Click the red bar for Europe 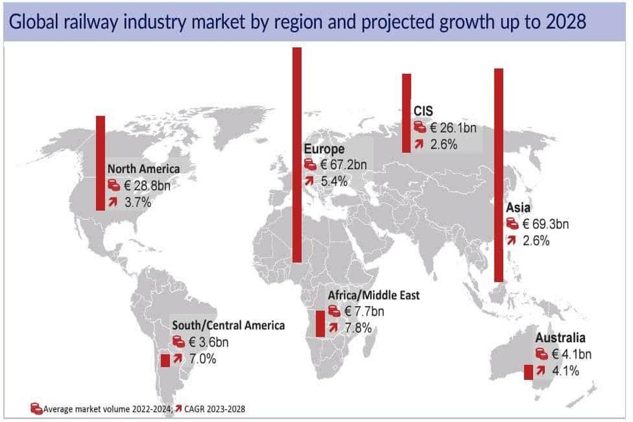tap(297, 155)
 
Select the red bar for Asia tap(499, 175)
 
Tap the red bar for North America tap(101, 163)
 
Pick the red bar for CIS tap(406, 113)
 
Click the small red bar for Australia tap(528, 372)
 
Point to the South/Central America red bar tap(165, 360)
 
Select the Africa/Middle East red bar tap(320, 323)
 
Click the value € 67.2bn tap(344, 164)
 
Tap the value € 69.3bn tap(546, 224)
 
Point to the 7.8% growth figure tap(358, 328)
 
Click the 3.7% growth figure tap(138, 202)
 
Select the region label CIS tap(423, 111)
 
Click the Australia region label tap(560, 337)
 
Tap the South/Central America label tap(229, 325)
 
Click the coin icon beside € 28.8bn tap(114, 185)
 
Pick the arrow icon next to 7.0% tap(178, 358)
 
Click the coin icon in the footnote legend tap(37, 408)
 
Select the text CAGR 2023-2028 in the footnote tap(215, 409)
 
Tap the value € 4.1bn tap(572, 354)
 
